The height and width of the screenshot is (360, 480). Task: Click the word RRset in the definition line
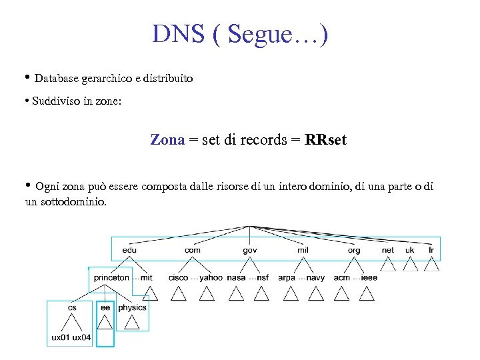coord(326,140)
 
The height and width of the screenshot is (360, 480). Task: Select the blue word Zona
coord(167,140)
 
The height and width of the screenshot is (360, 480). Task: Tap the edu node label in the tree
coord(129,250)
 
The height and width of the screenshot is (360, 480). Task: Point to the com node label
coord(192,250)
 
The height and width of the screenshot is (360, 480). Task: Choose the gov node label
coord(250,250)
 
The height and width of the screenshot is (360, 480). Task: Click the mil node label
coord(303,250)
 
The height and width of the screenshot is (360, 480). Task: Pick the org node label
coord(354,250)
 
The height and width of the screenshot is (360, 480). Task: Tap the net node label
coord(388,250)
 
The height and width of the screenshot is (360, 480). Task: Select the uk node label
coord(410,250)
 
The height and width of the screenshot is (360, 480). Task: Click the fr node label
coord(431,250)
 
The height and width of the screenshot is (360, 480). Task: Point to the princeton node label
coord(111,277)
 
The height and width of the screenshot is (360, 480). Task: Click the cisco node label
coord(178,277)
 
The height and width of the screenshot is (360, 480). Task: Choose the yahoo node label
coord(211,277)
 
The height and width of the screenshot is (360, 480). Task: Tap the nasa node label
coord(236,277)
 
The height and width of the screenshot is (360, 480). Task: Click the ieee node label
coord(369,277)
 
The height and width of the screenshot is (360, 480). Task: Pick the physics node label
coord(132,308)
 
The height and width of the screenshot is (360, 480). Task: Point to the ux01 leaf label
coord(60,337)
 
